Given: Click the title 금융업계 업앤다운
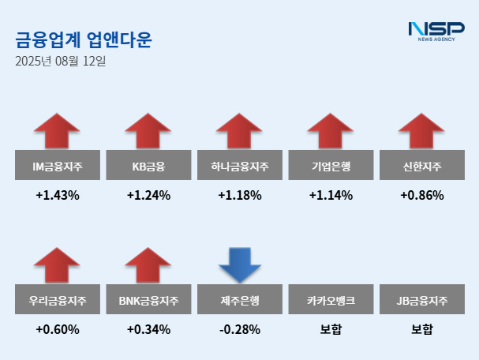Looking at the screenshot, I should (x=83, y=39).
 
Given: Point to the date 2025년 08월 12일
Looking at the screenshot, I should (x=61, y=61).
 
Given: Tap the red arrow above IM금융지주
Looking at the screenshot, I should (x=58, y=130).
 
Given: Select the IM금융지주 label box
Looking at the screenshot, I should (x=58, y=167).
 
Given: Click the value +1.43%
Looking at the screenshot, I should (x=58, y=195).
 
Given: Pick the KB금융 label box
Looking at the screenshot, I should (x=148, y=167).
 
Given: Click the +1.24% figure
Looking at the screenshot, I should (x=148, y=195).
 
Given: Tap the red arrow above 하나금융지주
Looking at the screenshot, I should (x=239, y=130).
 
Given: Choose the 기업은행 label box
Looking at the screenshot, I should (x=331, y=167).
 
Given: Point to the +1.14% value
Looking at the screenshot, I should (x=331, y=195).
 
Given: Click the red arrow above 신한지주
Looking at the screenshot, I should (x=421, y=130).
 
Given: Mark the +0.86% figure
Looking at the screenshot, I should (x=421, y=195).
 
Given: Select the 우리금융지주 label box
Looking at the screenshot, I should (x=58, y=301).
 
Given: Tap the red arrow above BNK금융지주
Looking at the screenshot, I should (x=148, y=264).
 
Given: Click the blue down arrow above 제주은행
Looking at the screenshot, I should (x=239, y=265).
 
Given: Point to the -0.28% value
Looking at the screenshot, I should (x=239, y=329).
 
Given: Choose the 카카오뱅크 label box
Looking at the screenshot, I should (x=331, y=301).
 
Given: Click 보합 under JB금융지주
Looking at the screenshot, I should (x=421, y=329).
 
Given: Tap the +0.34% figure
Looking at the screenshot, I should (x=148, y=329).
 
